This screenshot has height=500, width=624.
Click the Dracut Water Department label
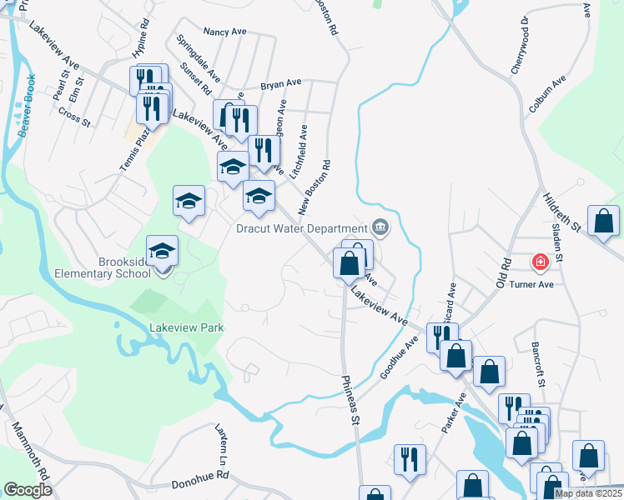301,227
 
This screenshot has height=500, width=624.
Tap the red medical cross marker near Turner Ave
541,263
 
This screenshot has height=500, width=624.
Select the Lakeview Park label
186,328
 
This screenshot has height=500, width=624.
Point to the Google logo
28,490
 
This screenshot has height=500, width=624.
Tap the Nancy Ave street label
225,32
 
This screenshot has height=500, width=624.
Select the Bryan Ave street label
280,84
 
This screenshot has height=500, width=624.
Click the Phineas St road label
349,400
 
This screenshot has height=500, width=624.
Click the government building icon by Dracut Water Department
380,226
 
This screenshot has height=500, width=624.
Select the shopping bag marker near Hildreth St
603,222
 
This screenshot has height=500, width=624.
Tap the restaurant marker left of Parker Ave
410,459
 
